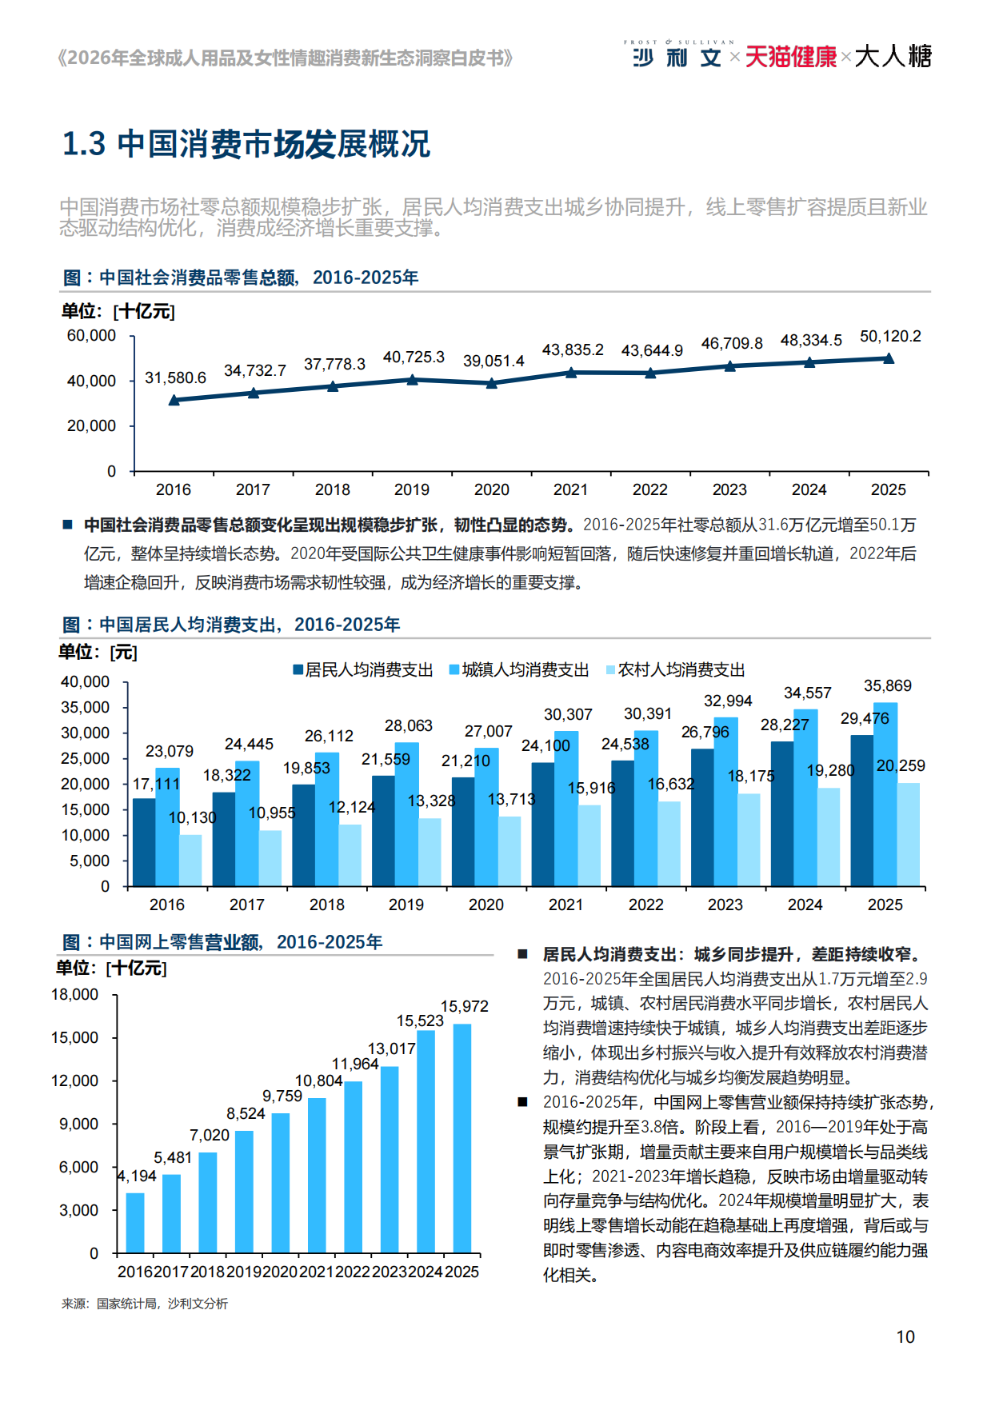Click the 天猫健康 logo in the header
pyautogui.click(x=790, y=57)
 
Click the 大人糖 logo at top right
pyautogui.click(x=893, y=57)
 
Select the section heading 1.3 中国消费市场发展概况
pyautogui.click(x=246, y=144)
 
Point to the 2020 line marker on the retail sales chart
pyautogui.click(x=492, y=383)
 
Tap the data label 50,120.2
pyautogui.click(x=889, y=337)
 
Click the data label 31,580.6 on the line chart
pyautogui.click(x=175, y=377)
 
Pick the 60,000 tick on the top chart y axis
pyautogui.click(x=91, y=336)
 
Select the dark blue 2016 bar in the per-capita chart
pyautogui.click(x=144, y=842)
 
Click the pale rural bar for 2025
pyautogui.click(x=908, y=834)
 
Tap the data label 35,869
pyautogui.click(x=887, y=686)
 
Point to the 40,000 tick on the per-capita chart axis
pyautogui.click(x=86, y=682)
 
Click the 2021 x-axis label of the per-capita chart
pyautogui.click(x=565, y=905)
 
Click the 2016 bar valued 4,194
pyautogui.click(x=135, y=1222)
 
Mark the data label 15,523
pyautogui.click(x=420, y=1021)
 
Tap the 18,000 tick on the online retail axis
pyautogui.click(x=75, y=995)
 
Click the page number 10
pyautogui.click(x=905, y=1337)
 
